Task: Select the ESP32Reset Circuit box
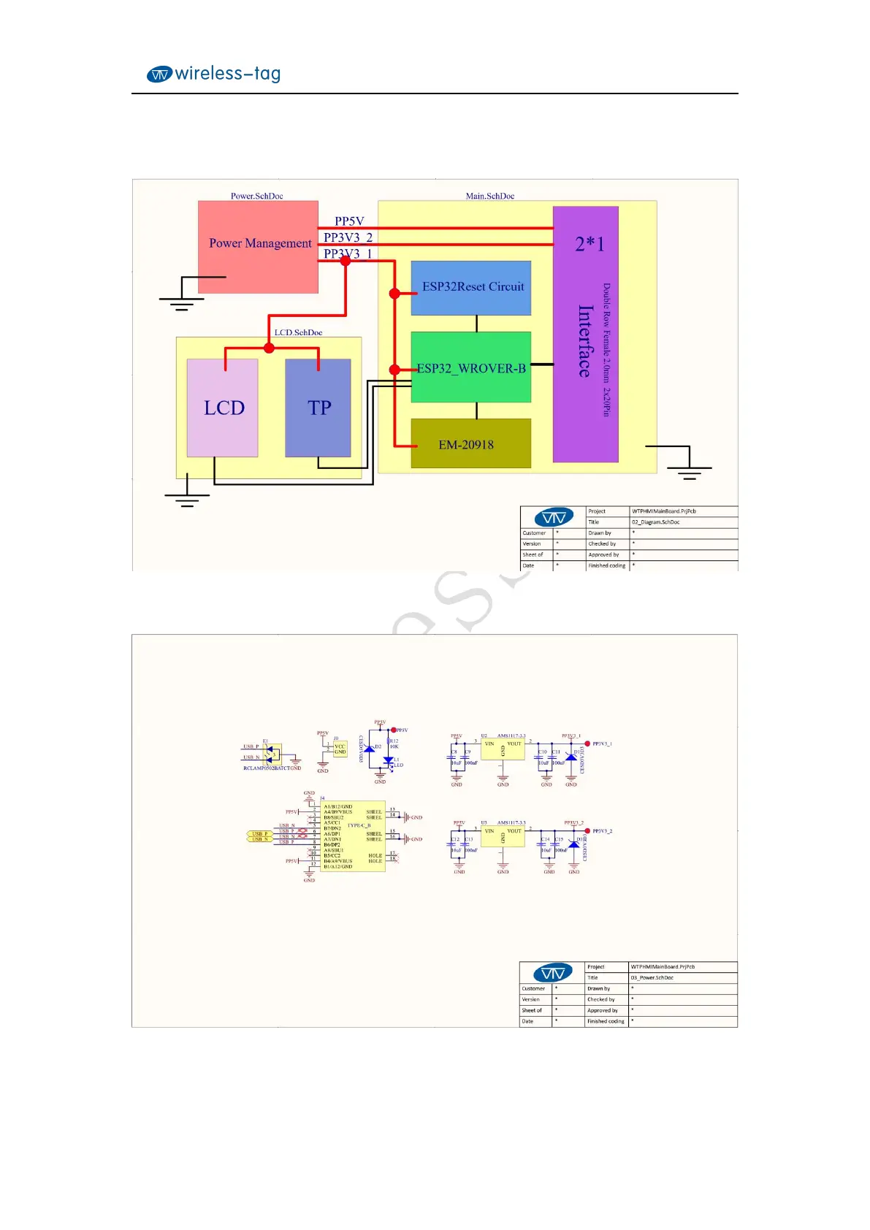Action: [x=471, y=288]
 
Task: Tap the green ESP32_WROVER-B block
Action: [x=471, y=367]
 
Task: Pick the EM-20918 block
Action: [x=471, y=444]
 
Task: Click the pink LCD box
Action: [x=223, y=408]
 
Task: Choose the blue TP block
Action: [x=318, y=408]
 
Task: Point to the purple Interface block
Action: [x=586, y=335]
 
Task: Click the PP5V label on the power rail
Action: [x=349, y=221]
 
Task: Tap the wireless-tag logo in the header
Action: [x=213, y=74]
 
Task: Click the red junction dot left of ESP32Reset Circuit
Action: [x=394, y=294]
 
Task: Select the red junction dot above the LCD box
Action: [x=269, y=348]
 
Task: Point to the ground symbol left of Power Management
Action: [x=181, y=302]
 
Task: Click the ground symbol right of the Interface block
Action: [x=688, y=471]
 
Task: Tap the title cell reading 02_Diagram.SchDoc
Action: [x=655, y=522]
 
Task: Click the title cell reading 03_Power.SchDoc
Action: [x=652, y=977]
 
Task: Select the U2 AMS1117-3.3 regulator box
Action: [x=503, y=749]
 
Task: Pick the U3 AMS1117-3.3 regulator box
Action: [x=503, y=836]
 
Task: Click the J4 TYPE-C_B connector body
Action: [x=353, y=836]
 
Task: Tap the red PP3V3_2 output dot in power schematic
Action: [x=587, y=831]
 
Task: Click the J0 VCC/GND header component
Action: [x=340, y=749]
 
